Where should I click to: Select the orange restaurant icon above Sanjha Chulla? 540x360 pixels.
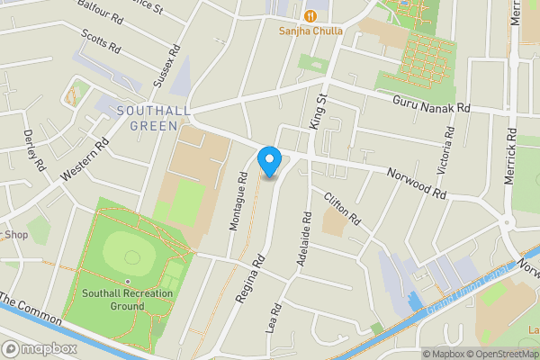pyautogui.click(x=310, y=14)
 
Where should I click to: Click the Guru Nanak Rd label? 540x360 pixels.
pyautogui.click(x=431, y=106)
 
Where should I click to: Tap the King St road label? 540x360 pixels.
pyautogui.click(x=318, y=110)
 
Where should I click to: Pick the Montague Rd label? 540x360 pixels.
pyautogui.click(x=238, y=201)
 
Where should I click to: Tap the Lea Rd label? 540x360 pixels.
pyautogui.click(x=274, y=319)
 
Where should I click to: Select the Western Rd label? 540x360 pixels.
pyautogui.click(x=86, y=158)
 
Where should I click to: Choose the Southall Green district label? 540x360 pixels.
pyautogui.click(x=148, y=118)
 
